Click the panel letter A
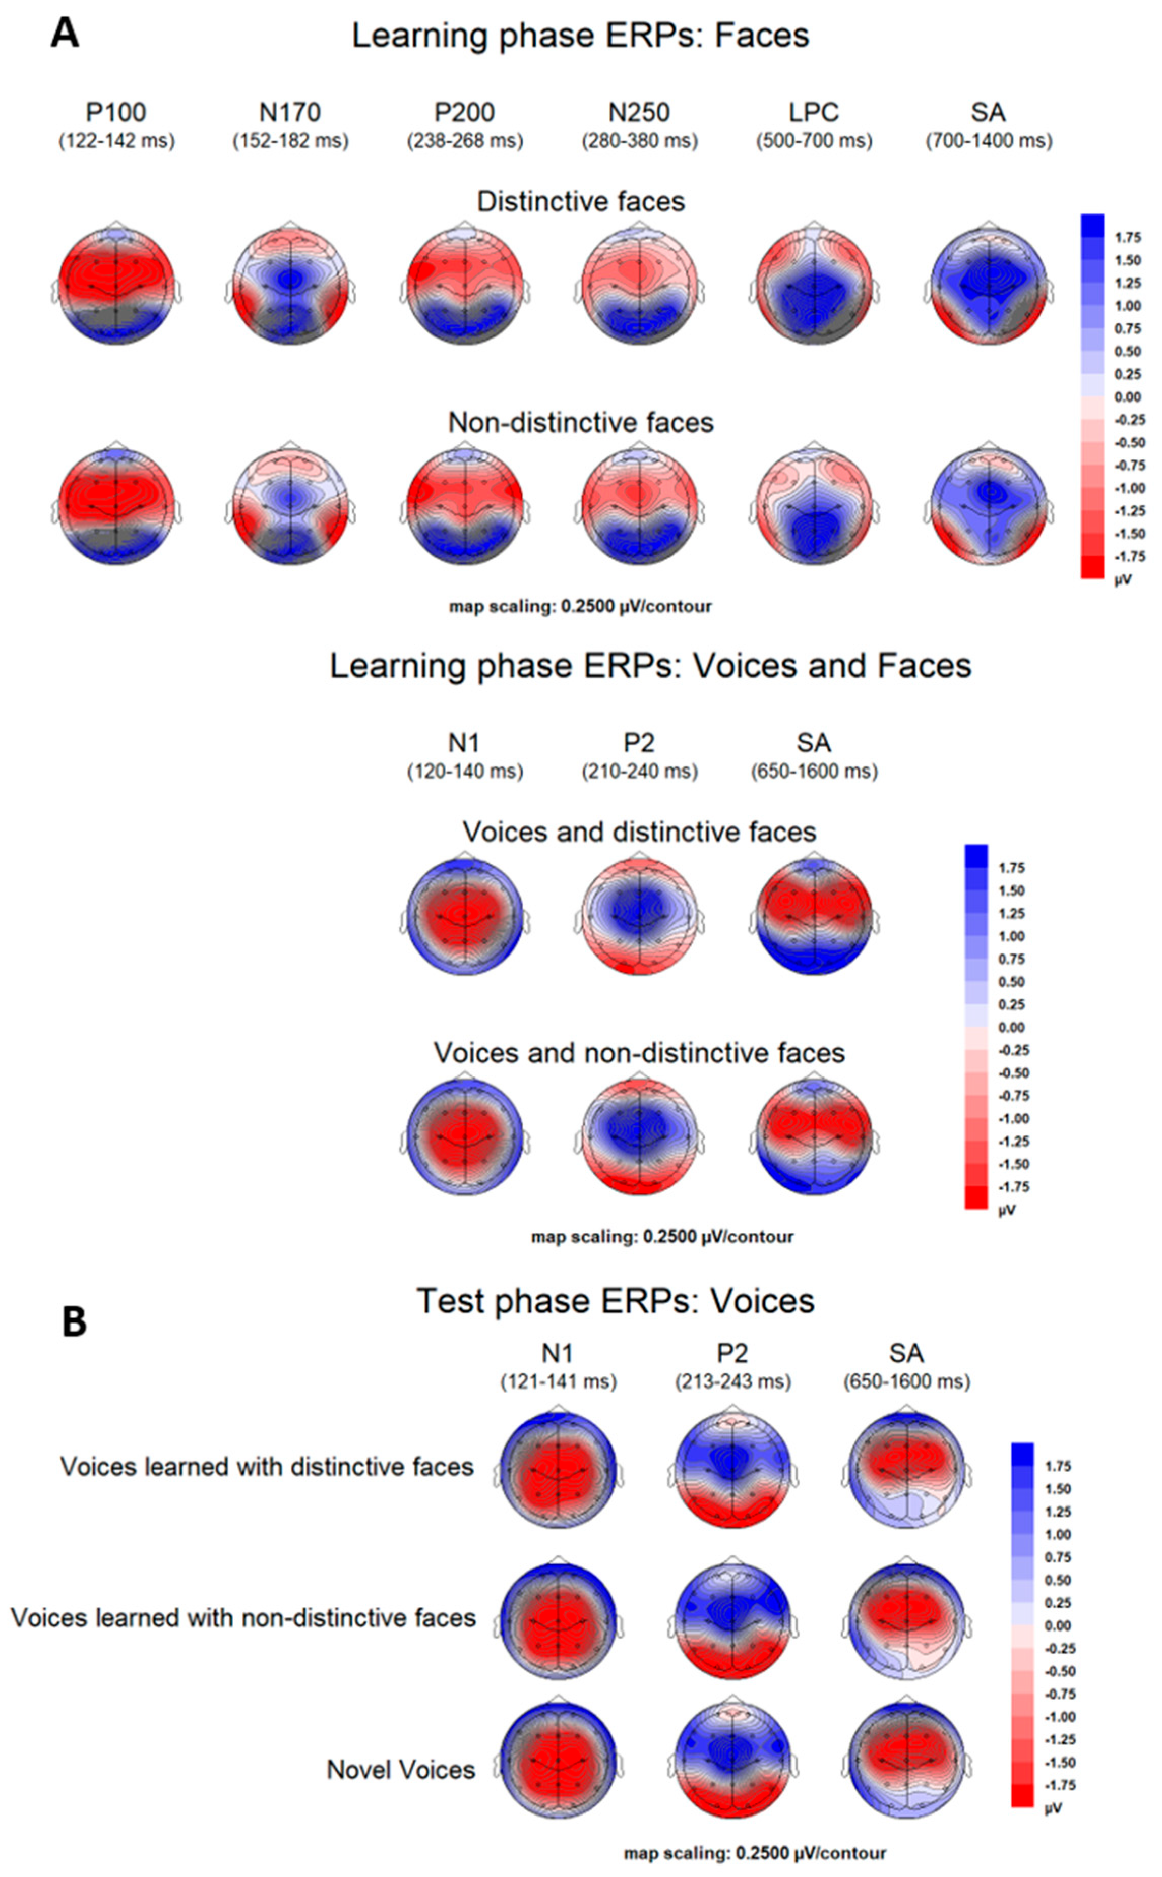(65, 35)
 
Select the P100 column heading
(116, 112)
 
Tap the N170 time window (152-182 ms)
(291, 141)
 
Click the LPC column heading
(814, 112)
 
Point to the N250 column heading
(638, 112)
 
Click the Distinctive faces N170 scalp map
(291, 286)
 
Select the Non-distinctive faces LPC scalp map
(814, 506)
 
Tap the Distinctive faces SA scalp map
(988, 286)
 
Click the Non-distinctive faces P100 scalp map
(116, 506)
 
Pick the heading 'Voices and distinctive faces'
(638, 832)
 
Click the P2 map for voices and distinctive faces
(638, 916)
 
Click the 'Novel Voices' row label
(401, 1769)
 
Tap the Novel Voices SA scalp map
(907, 1761)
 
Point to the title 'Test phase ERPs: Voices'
(615, 1301)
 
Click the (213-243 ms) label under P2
(732, 1381)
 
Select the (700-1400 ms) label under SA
(988, 141)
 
